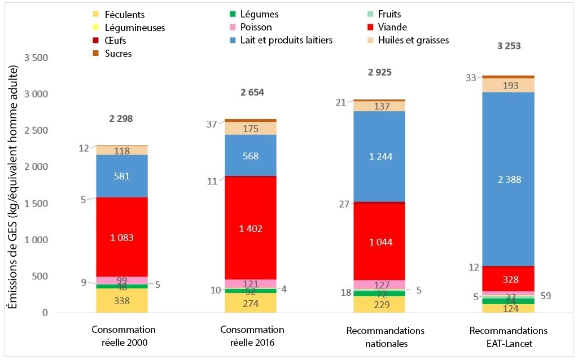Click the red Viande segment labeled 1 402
pyautogui.click(x=250, y=228)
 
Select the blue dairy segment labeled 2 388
pyautogui.click(x=508, y=179)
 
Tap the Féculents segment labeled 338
pyautogui.click(x=122, y=301)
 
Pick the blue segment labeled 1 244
pyautogui.click(x=379, y=156)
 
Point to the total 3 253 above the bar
pyautogui.click(x=508, y=46)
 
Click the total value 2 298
pyautogui.click(x=122, y=118)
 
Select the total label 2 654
pyautogui.click(x=250, y=93)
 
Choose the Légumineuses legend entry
pyautogui.click(x=133, y=27)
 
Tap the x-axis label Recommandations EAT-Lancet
pyautogui.click(x=508, y=336)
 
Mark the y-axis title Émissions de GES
pyautogui.click(x=12, y=187)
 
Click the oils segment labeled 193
pyautogui.click(x=508, y=85)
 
